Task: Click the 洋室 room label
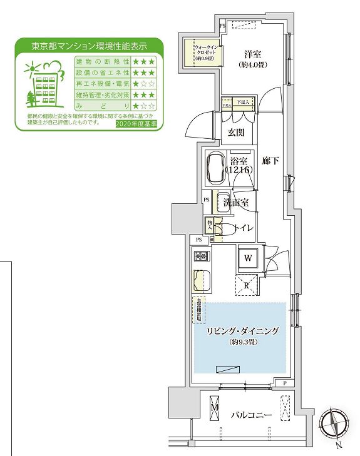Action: click(x=253, y=54)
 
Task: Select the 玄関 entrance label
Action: click(x=237, y=132)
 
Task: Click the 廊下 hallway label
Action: click(x=271, y=160)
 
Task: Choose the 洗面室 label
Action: click(x=237, y=202)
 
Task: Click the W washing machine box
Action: click(x=247, y=258)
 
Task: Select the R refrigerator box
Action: click(x=247, y=285)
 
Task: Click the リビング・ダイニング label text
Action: click(x=242, y=331)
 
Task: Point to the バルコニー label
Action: click(x=250, y=415)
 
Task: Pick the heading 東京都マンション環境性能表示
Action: click(x=90, y=46)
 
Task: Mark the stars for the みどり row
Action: click(x=143, y=107)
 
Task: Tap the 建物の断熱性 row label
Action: click(x=102, y=61)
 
